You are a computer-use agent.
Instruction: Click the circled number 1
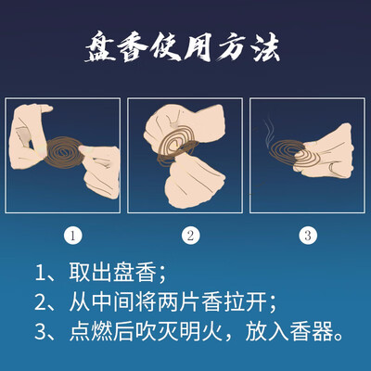(x=73, y=236)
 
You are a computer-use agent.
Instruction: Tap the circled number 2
(x=190, y=236)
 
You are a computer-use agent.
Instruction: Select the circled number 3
(x=308, y=236)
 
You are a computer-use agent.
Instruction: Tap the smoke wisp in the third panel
(x=269, y=131)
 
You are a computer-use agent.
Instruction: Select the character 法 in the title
(x=266, y=47)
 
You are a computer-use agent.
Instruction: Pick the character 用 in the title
(x=199, y=47)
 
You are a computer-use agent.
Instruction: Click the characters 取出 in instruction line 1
(x=90, y=273)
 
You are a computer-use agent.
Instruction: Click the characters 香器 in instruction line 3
(x=312, y=332)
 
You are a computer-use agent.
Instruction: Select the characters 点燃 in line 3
(x=90, y=332)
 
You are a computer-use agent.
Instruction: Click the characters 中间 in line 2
(x=112, y=302)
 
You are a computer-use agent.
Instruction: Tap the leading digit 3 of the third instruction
(x=41, y=332)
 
